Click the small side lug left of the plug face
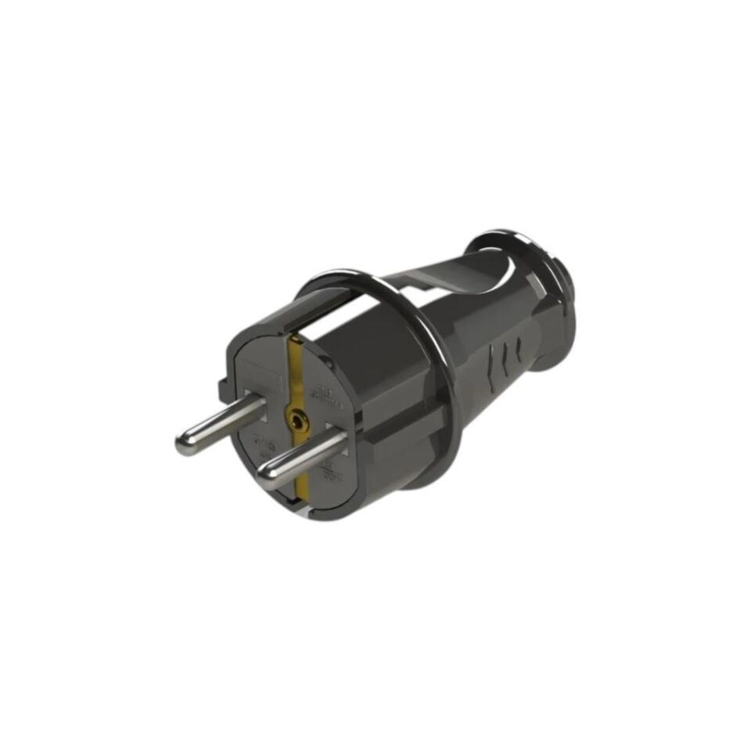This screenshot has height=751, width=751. point(219,385)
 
